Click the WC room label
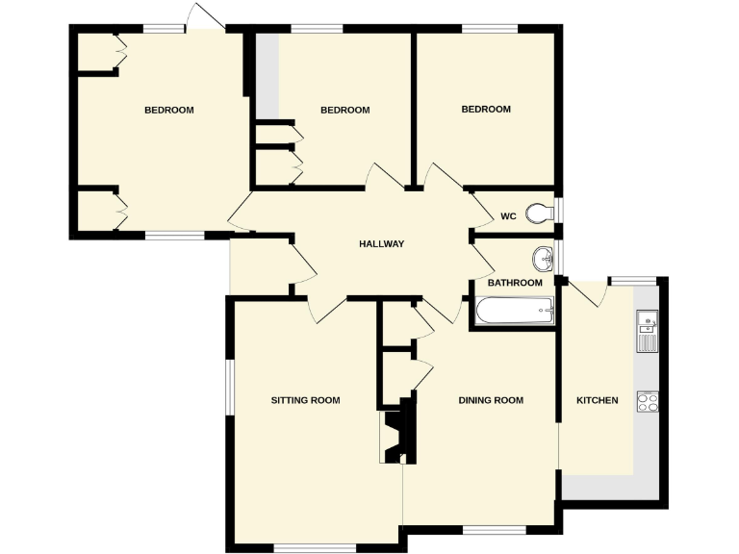pyautogui.click(x=508, y=215)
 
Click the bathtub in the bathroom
pyautogui.click(x=515, y=311)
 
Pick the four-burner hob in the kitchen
pyautogui.click(x=647, y=402)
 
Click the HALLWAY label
pyautogui.click(x=381, y=244)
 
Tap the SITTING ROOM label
pyautogui.click(x=305, y=400)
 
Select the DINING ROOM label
pyautogui.click(x=491, y=400)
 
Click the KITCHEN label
pyautogui.click(x=597, y=400)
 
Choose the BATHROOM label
pyautogui.click(x=515, y=283)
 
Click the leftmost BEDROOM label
pyautogui.click(x=168, y=110)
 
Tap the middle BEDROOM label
pyautogui.click(x=344, y=110)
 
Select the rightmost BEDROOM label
pyautogui.click(x=486, y=110)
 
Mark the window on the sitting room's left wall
pyautogui.click(x=229, y=388)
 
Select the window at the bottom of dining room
pyautogui.click(x=494, y=528)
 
